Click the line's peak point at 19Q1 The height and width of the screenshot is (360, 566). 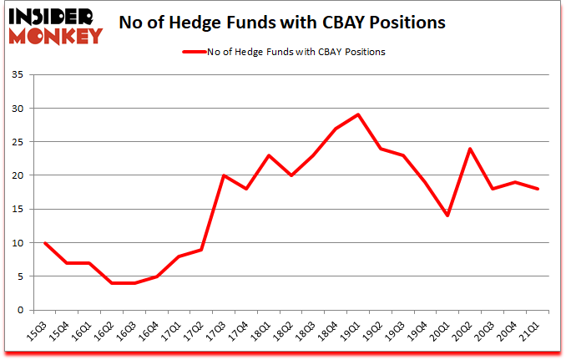(x=358, y=114)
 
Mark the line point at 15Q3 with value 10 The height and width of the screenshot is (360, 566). (x=44, y=242)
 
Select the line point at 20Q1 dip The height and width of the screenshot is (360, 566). (x=447, y=215)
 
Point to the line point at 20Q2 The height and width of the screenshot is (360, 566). (x=470, y=149)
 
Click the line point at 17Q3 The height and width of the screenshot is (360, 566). (x=224, y=175)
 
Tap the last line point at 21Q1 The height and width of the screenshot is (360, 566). (x=538, y=189)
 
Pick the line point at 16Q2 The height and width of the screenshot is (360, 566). (x=111, y=283)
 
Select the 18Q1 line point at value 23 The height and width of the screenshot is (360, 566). (x=268, y=155)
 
